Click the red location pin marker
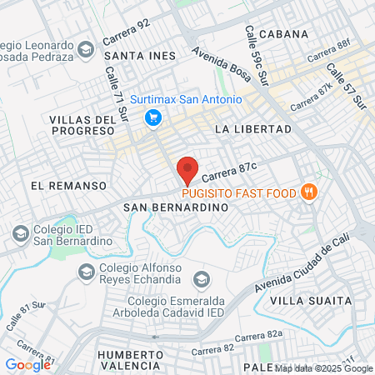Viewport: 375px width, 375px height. point(187,169)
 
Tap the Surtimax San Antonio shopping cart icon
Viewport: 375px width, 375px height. point(152,118)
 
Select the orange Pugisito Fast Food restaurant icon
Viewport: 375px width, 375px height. point(309,192)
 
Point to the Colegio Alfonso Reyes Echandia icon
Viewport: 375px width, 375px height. point(86,271)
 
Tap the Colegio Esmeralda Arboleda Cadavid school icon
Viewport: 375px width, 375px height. point(200,278)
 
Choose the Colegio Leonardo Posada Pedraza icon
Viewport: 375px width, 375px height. point(85,52)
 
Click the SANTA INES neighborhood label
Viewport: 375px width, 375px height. point(140,56)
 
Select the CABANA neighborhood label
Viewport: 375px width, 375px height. point(284,34)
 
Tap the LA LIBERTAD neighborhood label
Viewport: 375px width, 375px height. point(253,129)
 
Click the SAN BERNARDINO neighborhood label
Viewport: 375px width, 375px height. point(175,206)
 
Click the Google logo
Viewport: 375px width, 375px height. point(27,364)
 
